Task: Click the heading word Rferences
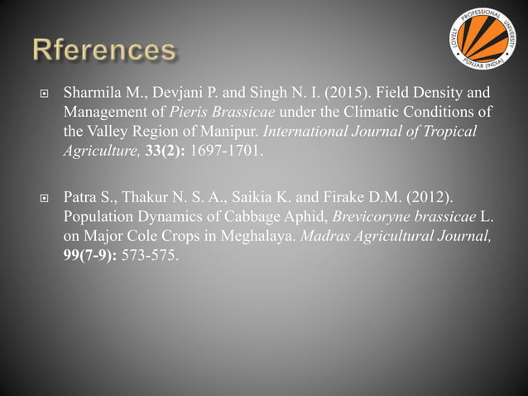(x=104, y=51)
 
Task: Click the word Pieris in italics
(x=191, y=112)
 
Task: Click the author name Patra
(x=80, y=198)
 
